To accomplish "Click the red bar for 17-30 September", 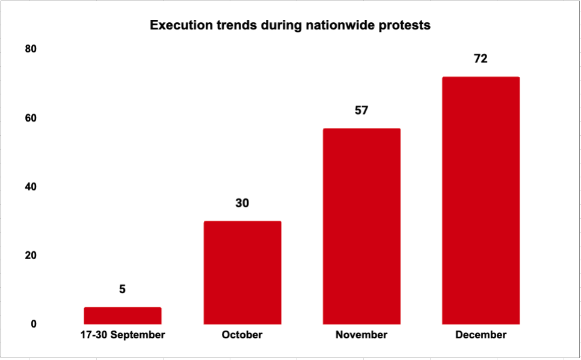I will (x=123, y=316).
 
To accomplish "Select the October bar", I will (x=242, y=272).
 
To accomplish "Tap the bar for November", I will (x=361, y=226).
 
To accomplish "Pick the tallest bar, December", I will (x=481, y=200).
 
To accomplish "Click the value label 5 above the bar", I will (x=123, y=290).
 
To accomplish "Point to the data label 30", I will (x=242, y=203).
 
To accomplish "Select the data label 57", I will (x=361, y=111).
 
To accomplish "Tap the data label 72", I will (x=481, y=59).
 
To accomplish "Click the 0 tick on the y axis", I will (x=34, y=324).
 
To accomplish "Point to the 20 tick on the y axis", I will (x=31, y=255).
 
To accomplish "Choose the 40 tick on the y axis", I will (x=31, y=187).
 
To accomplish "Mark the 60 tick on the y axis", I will (x=31, y=118).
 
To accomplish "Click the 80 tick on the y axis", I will (x=31, y=49).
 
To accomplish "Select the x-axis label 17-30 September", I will (x=123, y=335).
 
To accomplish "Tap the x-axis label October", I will (x=242, y=335).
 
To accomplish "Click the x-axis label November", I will (x=361, y=335).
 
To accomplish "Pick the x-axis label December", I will (x=481, y=335).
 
